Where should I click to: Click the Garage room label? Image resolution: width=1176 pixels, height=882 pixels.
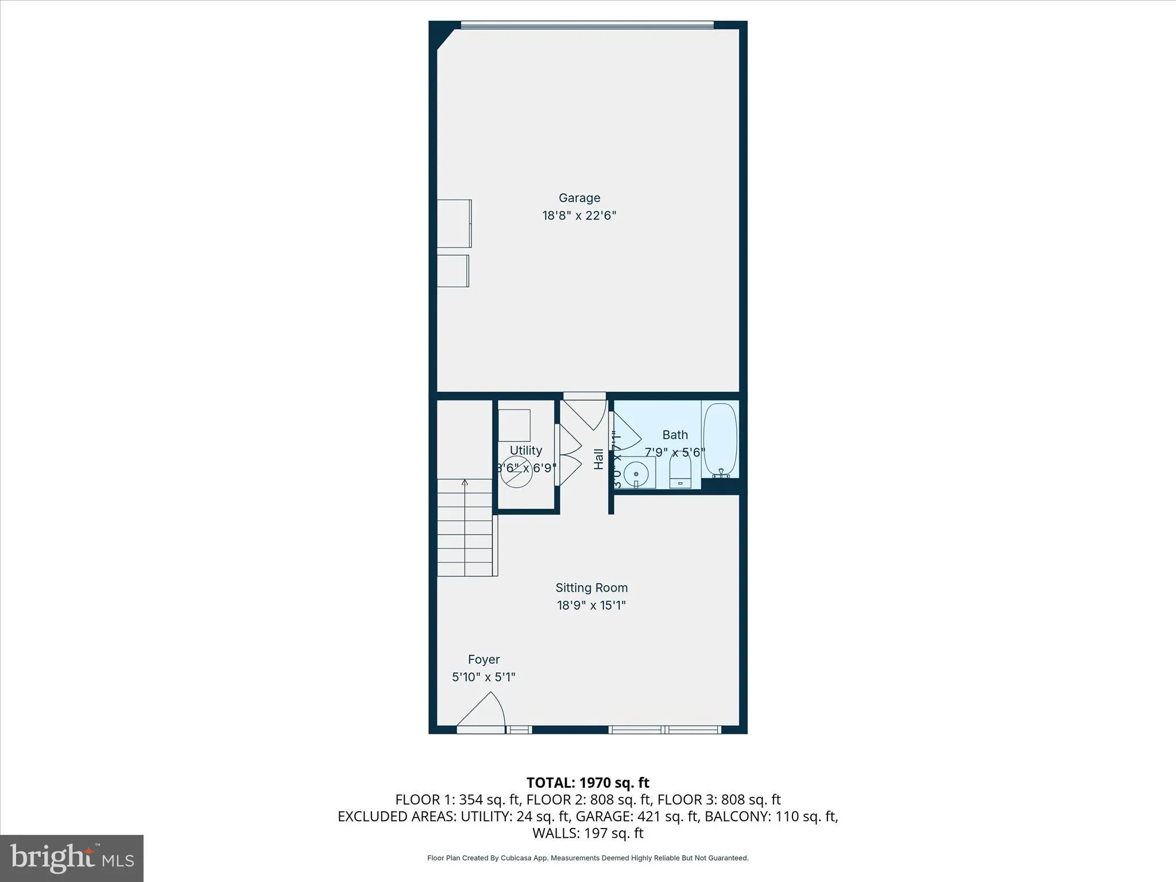579,198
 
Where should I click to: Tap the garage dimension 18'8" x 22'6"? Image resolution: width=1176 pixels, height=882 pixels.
579,216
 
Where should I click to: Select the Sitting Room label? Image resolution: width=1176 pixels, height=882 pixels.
591,588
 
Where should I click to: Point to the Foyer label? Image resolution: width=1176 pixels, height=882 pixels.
483,660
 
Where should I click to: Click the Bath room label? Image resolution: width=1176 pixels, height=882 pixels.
675,435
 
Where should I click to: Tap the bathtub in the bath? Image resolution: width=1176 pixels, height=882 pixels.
720,440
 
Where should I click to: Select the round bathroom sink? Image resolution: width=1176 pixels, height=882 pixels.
636,474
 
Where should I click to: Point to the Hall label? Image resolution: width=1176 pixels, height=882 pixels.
599,459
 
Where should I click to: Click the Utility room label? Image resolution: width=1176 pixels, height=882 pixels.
525,451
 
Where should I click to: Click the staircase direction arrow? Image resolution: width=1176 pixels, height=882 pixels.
465,483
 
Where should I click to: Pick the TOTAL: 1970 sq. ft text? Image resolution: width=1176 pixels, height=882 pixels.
587,783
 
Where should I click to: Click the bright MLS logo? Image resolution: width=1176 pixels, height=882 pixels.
72,858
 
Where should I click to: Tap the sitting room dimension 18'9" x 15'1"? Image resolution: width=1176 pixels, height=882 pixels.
591,605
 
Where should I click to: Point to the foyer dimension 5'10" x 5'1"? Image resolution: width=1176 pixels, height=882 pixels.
483,677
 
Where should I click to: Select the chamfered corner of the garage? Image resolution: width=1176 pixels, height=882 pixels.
446,41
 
